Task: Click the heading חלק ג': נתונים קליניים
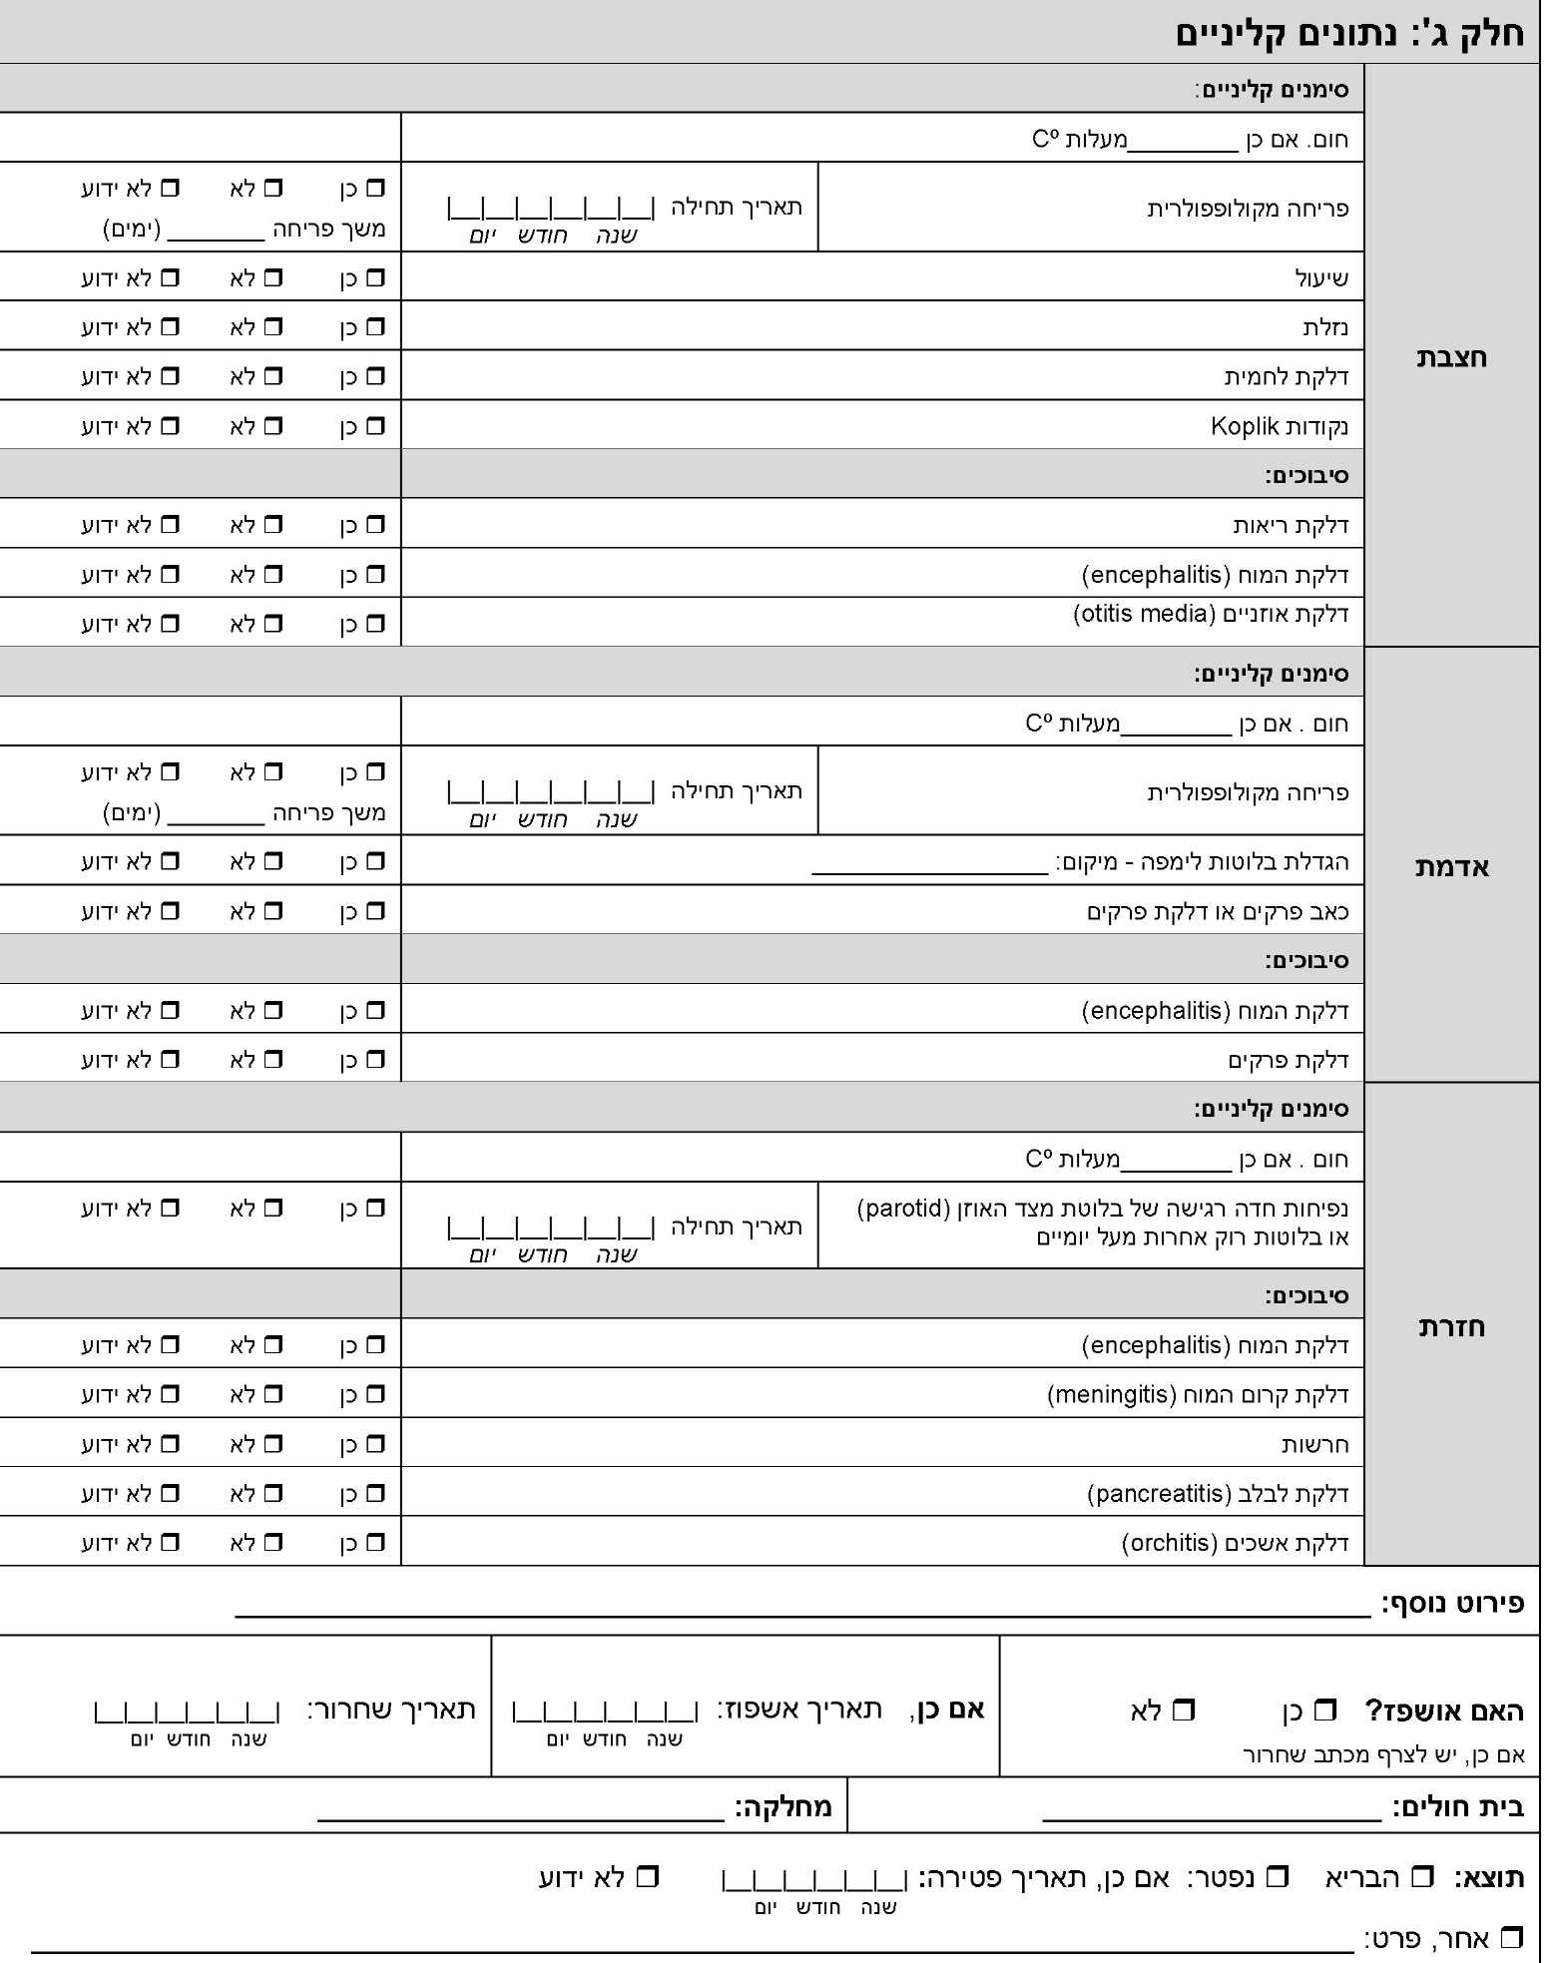1349,32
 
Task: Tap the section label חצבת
1451,357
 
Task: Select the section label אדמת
1451,866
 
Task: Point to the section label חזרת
1451,1326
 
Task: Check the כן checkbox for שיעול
375,277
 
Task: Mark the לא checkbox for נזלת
273,326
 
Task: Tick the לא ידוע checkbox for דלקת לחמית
171,376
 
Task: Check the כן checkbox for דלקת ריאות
375,524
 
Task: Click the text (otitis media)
1144,613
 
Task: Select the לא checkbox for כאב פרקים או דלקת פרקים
273,910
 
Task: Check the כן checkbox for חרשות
375,1443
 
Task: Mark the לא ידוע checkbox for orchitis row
171,1542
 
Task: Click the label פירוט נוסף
1453,1604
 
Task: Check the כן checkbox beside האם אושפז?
1324,1711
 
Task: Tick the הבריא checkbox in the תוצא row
1422,1877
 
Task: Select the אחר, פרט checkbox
1512,1938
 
